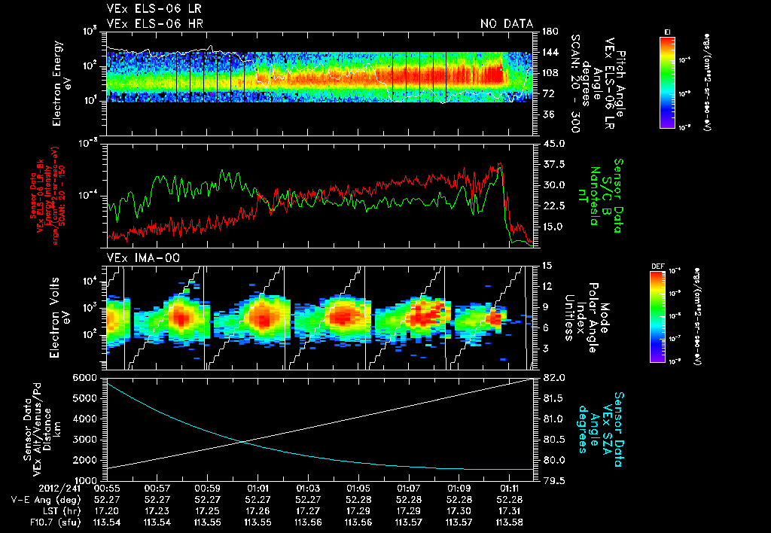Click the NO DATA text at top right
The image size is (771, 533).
(x=506, y=23)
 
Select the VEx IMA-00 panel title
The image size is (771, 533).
(x=139, y=258)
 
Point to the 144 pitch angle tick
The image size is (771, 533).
(x=549, y=53)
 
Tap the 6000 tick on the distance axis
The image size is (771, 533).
(x=85, y=376)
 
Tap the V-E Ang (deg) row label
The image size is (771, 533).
(x=46, y=499)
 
